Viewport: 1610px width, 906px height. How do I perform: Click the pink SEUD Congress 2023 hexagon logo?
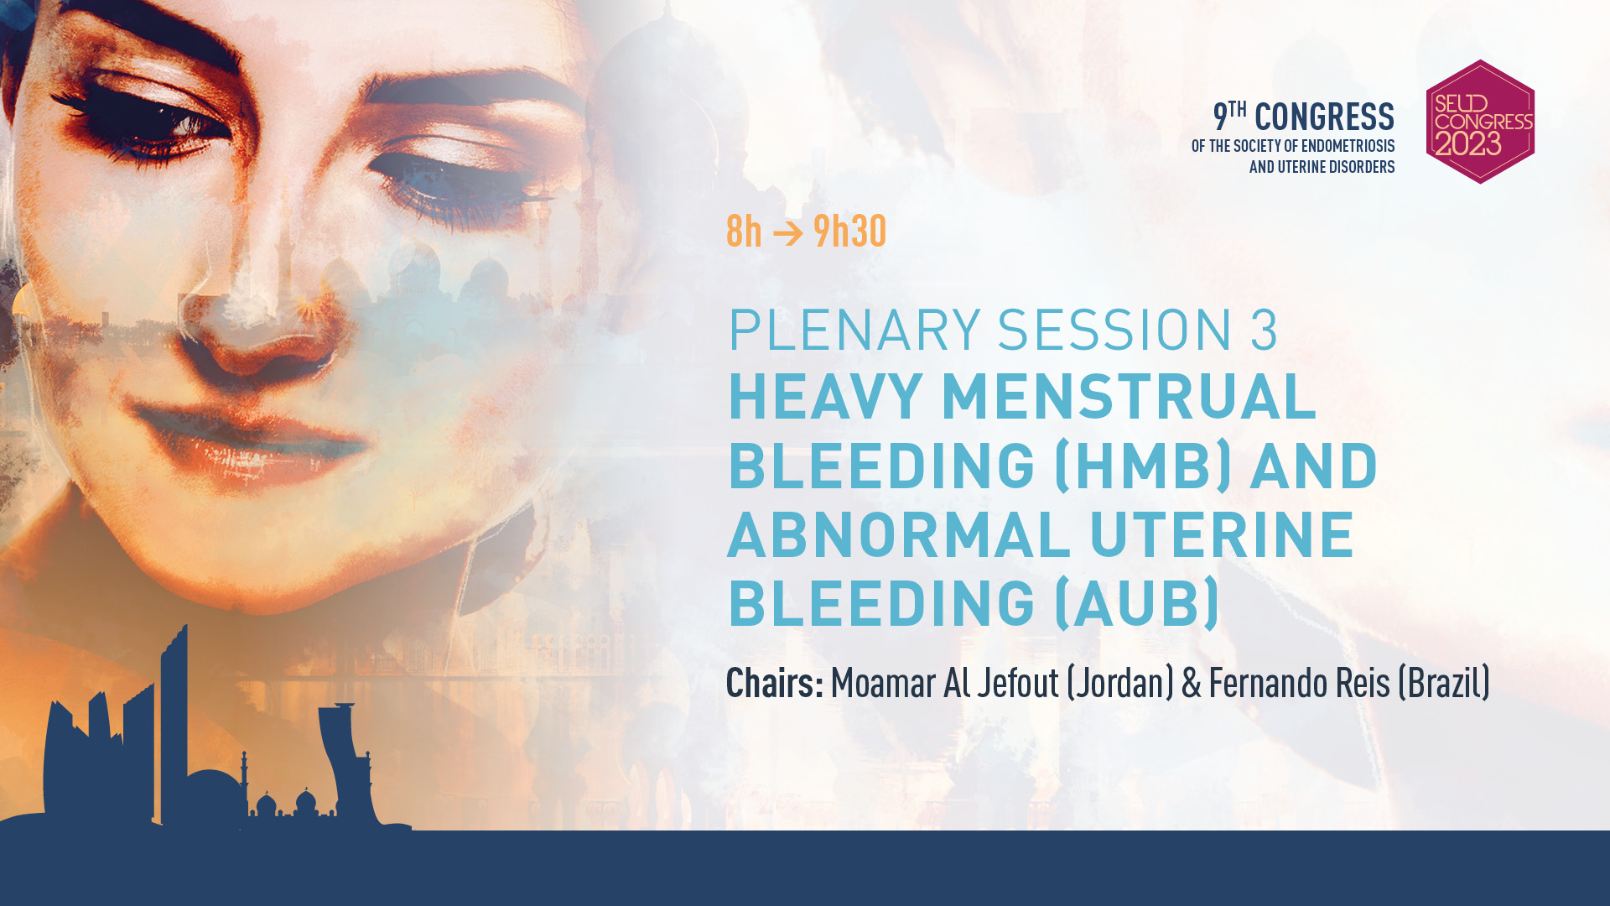point(1480,122)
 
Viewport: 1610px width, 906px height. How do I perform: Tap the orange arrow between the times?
point(787,232)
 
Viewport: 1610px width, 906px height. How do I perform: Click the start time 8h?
point(744,231)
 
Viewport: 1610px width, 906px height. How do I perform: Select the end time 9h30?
point(849,231)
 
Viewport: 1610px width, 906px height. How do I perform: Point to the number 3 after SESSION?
point(1264,330)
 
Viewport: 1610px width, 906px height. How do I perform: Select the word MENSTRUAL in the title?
point(1130,396)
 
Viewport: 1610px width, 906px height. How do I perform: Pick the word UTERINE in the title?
point(1222,534)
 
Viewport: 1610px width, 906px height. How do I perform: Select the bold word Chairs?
point(775,683)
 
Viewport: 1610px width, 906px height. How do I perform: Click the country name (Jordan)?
point(1120,683)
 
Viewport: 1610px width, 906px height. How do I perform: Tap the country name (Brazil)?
point(1444,683)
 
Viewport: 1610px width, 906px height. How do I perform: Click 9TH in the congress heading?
point(1230,116)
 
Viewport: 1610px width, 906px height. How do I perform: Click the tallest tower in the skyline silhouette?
point(174,726)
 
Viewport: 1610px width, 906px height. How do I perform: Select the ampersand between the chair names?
point(1192,683)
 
